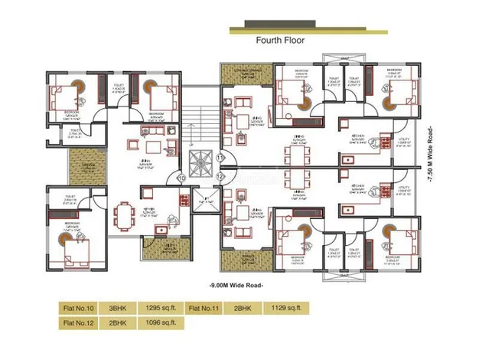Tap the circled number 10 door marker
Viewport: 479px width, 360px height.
pos(181,178)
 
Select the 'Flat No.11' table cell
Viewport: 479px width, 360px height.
pos(204,308)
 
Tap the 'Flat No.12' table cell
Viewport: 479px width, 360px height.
pos(77,323)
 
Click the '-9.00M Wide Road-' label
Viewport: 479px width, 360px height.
pos(236,284)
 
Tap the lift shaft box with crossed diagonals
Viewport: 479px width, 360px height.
pos(204,200)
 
